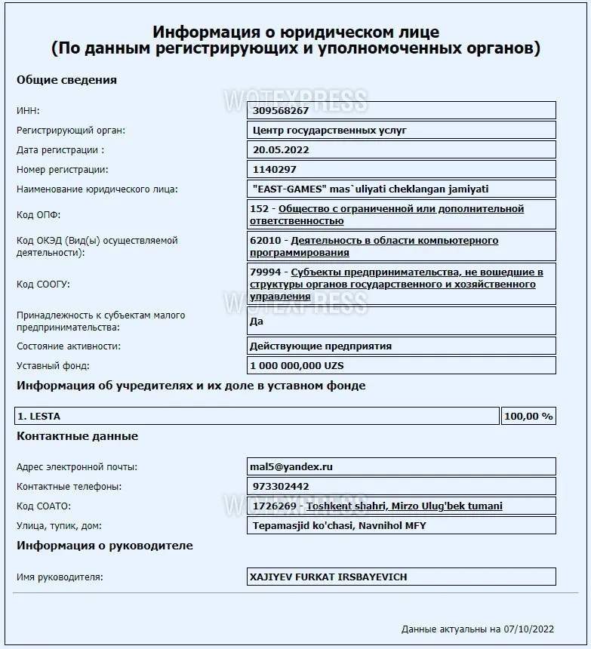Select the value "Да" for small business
click(x=256, y=321)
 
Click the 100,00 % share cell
click(x=528, y=416)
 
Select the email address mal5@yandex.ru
click(x=291, y=466)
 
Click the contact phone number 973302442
click(x=281, y=486)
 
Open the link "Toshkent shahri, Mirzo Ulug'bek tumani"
click(x=404, y=506)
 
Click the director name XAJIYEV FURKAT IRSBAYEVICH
click(x=328, y=577)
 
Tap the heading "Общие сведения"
click(x=66, y=80)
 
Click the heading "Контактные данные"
click(x=77, y=436)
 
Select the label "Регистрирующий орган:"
click(x=71, y=130)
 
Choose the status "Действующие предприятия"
click(x=320, y=346)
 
